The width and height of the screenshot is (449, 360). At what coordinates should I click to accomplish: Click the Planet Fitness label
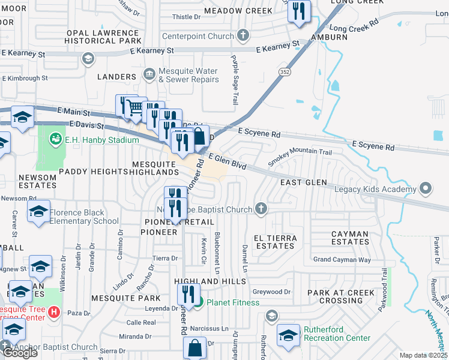click(x=233, y=302)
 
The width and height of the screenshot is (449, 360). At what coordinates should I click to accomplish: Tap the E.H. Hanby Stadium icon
click(x=56, y=139)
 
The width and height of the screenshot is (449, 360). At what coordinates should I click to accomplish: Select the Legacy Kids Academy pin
click(x=426, y=189)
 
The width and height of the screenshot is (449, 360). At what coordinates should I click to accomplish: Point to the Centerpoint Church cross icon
click(x=243, y=36)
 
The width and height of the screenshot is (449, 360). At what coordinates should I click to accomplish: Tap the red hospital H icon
click(x=54, y=312)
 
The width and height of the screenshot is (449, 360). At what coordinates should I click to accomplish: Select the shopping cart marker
click(x=136, y=107)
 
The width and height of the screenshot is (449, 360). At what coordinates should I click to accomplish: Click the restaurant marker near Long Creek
click(x=298, y=11)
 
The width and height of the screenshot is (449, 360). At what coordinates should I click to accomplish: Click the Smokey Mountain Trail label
click(x=300, y=157)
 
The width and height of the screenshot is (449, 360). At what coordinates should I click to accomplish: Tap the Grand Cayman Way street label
click(x=342, y=260)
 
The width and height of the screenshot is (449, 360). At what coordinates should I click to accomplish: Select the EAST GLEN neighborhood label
click(x=304, y=182)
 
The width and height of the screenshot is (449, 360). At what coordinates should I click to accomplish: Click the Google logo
click(x=20, y=352)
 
